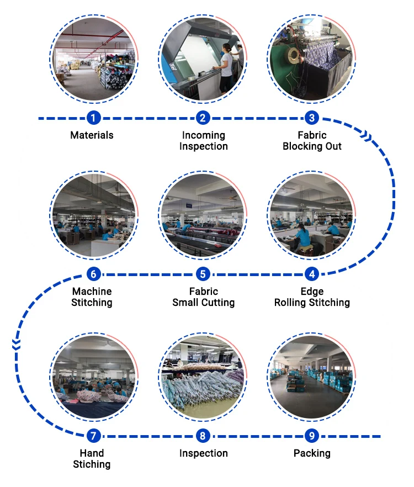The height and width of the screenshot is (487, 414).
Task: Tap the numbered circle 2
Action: tap(203, 118)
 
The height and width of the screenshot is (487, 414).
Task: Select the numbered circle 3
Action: tap(312, 118)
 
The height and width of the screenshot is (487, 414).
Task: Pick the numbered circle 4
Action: tap(312, 274)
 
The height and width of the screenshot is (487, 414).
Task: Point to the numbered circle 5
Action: tap(203, 274)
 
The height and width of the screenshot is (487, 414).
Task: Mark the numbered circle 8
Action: tap(203, 436)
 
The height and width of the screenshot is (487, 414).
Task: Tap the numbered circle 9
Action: tap(312, 436)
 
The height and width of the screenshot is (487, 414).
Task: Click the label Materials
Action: tap(92, 135)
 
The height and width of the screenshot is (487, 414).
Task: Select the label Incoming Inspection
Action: tap(203, 141)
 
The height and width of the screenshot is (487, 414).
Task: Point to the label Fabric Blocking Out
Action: tap(312, 141)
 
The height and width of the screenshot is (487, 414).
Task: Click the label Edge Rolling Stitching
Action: tap(312, 297)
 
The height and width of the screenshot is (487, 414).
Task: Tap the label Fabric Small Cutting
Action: tap(203, 297)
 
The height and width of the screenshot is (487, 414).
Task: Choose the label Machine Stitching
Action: tap(92, 297)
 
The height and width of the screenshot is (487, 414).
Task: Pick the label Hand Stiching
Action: tap(92, 459)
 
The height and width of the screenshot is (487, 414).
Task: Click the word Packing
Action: tap(312, 453)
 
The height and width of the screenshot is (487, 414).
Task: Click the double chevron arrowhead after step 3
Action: tap(365, 134)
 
